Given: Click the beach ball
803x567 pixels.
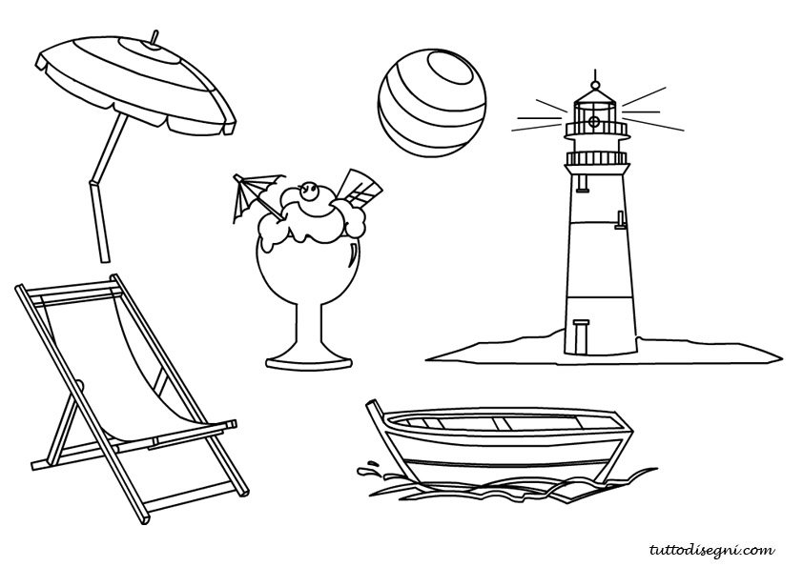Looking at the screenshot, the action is coord(432,103).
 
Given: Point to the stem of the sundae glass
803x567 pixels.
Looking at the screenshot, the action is coord(309,328).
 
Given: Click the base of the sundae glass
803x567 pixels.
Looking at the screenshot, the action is coord(309,360).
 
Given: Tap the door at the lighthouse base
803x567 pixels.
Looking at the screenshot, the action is coord(581,336).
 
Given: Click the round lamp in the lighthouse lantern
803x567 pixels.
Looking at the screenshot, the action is coord(594,121).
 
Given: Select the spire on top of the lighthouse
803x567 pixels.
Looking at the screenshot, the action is coord(595,78).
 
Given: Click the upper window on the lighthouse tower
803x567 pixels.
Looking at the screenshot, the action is coord(582,182).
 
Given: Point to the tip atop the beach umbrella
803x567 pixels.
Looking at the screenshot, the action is coord(154,38).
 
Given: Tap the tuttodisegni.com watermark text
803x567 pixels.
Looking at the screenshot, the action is coord(711,550).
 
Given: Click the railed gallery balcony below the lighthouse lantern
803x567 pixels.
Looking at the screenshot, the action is coord(596,157).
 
